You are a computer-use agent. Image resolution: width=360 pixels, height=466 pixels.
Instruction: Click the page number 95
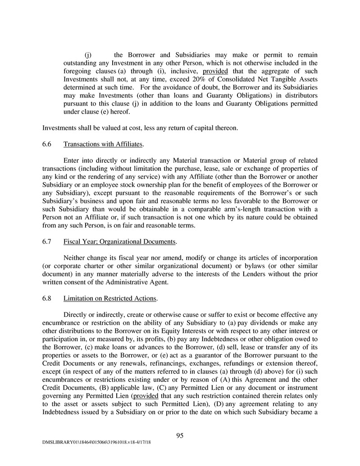point(180,435)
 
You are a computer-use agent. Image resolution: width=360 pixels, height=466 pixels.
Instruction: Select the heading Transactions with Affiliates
point(103,144)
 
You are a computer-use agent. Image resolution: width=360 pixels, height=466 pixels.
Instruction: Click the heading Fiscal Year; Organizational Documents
point(119,242)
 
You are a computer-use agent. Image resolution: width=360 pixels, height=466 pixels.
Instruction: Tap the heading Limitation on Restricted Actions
point(110,298)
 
